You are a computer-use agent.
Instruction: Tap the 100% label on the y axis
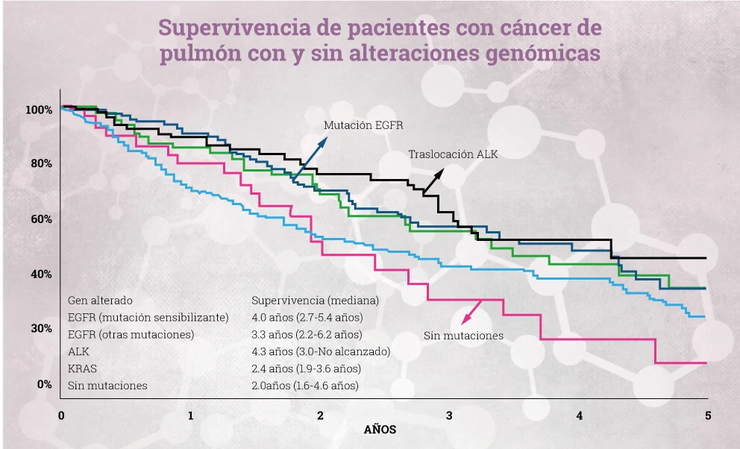click(x=39, y=110)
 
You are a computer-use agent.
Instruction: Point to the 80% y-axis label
click(x=41, y=164)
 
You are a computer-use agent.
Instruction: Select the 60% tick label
click(x=41, y=219)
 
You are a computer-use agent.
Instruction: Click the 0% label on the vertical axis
click(x=44, y=384)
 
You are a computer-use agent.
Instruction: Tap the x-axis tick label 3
click(x=449, y=415)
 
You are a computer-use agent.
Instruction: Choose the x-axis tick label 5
click(x=707, y=415)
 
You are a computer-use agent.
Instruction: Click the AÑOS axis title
click(x=380, y=430)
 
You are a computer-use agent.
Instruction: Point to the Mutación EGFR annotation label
click(x=363, y=125)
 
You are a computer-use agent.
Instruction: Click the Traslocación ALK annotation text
click(x=453, y=154)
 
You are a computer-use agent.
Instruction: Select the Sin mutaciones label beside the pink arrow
click(x=463, y=336)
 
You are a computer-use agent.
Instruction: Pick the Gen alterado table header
click(x=100, y=301)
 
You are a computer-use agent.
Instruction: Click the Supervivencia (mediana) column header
click(x=316, y=301)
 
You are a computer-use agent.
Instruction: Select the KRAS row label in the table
click(x=82, y=368)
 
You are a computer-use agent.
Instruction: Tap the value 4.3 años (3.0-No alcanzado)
click(x=321, y=351)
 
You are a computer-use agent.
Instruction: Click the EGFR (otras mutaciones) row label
click(x=131, y=334)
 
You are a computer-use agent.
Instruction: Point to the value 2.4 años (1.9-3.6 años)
click(x=307, y=368)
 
